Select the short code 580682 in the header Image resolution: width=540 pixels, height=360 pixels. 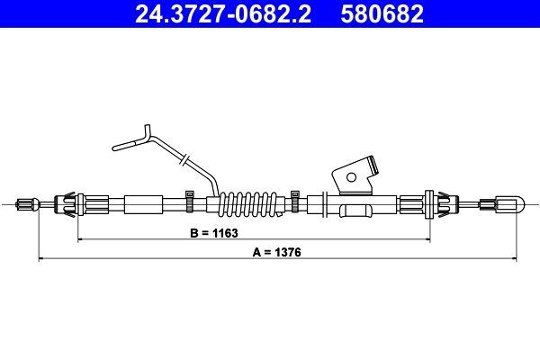pyautogui.click(x=381, y=13)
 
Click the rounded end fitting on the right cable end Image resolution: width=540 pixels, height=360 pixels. pyautogui.click(x=508, y=204)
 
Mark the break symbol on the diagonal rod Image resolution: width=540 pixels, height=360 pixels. pyautogui.click(x=183, y=159)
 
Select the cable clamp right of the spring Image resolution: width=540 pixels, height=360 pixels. pyautogui.click(x=295, y=200)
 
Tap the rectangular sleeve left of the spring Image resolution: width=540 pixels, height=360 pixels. pyautogui.click(x=143, y=204)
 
